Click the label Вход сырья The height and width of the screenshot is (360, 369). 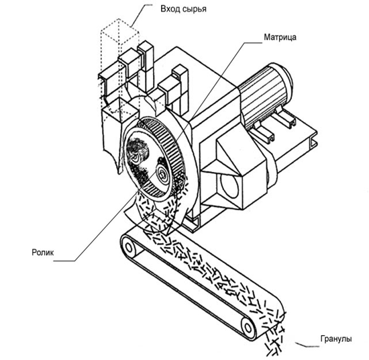(x=184, y=9)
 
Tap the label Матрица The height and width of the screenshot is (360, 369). (x=280, y=37)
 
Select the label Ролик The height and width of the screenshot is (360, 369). (x=43, y=253)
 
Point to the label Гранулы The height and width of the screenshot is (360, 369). (x=336, y=339)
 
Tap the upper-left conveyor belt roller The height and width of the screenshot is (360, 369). (x=129, y=248)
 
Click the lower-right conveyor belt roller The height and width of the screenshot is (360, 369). (x=248, y=328)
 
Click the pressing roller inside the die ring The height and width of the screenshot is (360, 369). (x=162, y=175)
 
